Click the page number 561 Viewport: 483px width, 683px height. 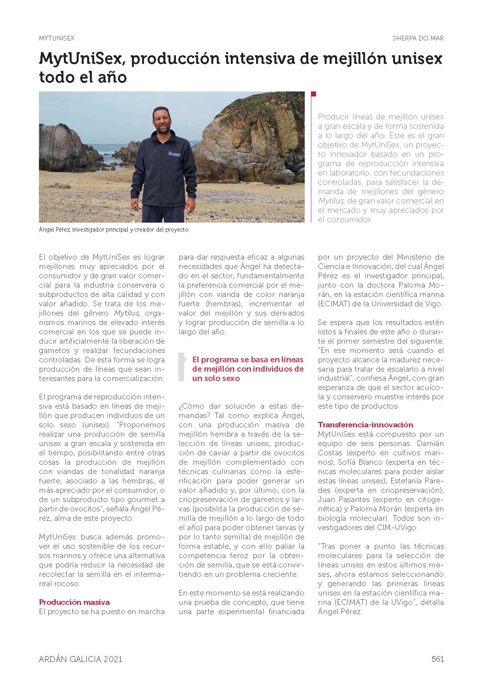click(x=437, y=659)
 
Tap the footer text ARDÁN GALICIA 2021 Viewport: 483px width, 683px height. click(x=81, y=659)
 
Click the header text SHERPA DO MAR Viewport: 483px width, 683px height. click(x=418, y=38)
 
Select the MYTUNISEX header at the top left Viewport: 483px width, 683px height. click(x=57, y=38)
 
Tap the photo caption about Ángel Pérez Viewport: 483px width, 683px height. click(x=114, y=230)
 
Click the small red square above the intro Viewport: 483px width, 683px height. click(x=314, y=94)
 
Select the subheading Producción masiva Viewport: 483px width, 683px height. click(x=74, y=602)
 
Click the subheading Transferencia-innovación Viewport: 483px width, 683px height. click(x=365, y=425)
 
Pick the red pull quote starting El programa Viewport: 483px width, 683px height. click(x=248, y=369)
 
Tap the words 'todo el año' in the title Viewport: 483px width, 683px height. click(x=83, y=77)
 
